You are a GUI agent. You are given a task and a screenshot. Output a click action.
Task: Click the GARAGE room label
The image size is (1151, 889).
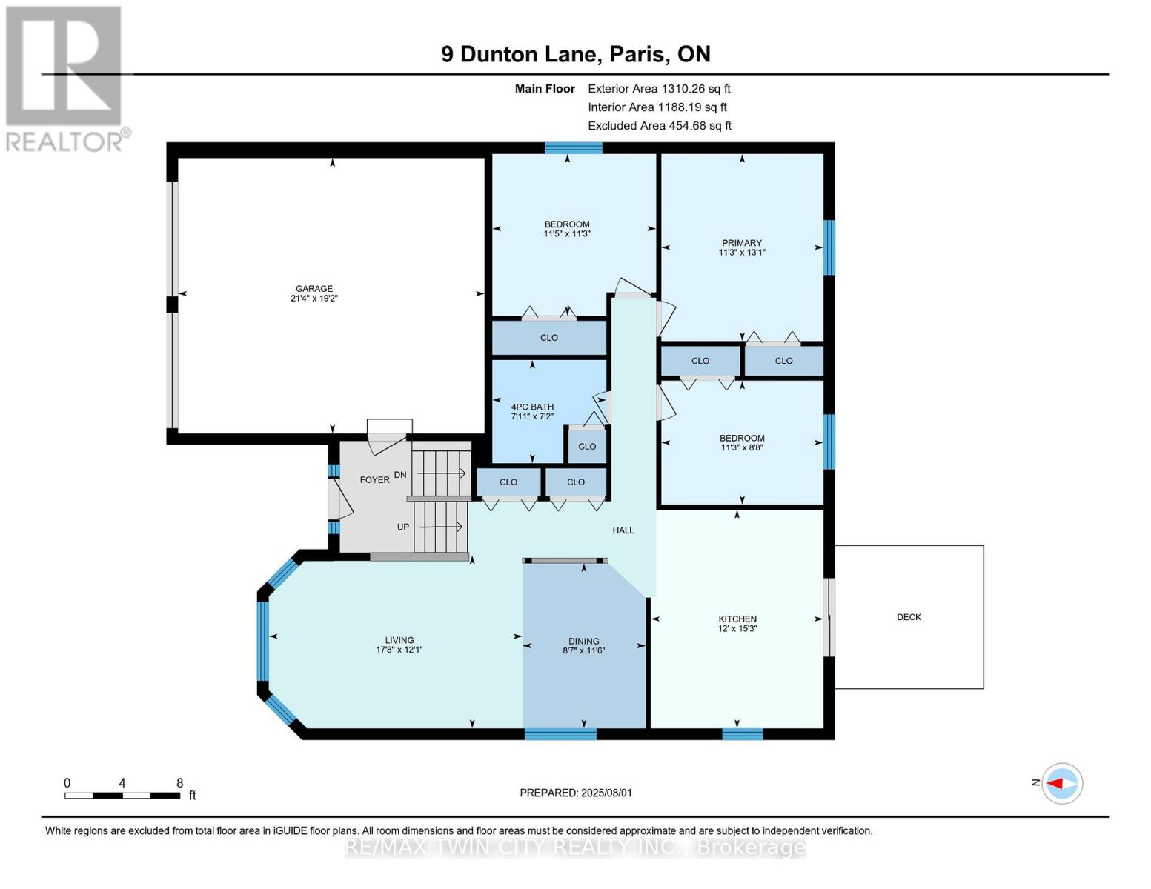(314, 289)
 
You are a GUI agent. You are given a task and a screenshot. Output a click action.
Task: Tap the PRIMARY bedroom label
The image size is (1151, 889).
(742, 243)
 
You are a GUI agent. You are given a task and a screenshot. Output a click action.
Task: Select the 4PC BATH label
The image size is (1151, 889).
(532, 407)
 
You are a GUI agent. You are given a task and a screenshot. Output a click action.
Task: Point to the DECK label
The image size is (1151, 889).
(909, 617)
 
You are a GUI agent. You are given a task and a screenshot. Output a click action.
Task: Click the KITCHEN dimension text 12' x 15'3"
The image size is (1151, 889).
(737, 628)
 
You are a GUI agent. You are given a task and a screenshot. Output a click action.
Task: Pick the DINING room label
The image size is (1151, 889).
(584, 642)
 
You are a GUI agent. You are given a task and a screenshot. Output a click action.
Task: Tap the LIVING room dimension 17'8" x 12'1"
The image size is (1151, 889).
(399, 650)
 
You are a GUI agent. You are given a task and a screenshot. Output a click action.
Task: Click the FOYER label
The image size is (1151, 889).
(374, 480)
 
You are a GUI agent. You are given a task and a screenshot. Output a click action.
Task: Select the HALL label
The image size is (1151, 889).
(623, 530)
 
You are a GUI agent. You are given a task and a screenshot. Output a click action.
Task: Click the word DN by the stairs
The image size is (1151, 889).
(400, 475)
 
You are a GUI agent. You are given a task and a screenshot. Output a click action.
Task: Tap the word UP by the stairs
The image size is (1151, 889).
(403, 527)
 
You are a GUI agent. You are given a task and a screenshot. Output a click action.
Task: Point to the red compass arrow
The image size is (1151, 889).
(1056, 783)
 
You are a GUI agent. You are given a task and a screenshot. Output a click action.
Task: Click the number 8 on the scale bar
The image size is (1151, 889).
(180, 782)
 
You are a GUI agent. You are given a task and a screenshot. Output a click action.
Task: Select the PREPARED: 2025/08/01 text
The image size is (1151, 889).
(576, 793)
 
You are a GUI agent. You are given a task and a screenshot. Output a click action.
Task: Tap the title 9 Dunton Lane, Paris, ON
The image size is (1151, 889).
(576, 54)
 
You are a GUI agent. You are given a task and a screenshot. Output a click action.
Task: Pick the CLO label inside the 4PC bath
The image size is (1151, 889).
(587, 447)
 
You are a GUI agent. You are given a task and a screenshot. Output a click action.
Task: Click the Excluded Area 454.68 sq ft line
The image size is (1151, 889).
(660, 126)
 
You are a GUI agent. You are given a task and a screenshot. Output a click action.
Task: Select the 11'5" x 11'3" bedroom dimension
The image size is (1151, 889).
(567, 233)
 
